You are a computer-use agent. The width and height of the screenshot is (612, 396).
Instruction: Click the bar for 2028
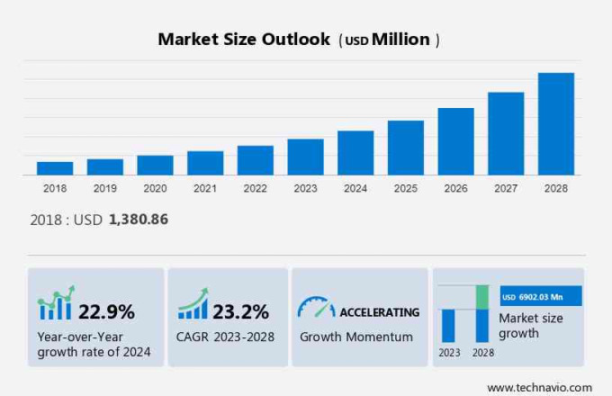[x=555, y=123]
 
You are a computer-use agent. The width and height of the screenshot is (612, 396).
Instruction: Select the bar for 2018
[x=55, y=168]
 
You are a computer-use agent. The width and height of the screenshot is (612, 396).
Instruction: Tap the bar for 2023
[x=305, y=157]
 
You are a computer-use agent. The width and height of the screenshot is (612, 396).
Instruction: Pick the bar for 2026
[x=455, y=141]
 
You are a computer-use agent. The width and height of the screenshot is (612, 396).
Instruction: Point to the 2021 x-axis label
[x=204, y=189]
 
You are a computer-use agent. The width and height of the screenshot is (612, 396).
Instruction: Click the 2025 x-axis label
[x=405, y=189]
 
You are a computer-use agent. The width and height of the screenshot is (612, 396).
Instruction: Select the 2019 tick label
[x=104, y=189]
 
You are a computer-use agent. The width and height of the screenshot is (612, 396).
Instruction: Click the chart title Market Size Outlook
[x=243, y=40]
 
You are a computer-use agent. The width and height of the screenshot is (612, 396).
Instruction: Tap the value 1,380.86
[x=139, y=219]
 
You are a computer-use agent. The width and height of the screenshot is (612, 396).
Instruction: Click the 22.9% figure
[x=106, y=312]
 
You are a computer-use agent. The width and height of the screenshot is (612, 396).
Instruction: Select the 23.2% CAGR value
[x=240, y=312]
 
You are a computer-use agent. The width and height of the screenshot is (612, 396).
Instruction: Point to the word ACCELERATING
[x=379, y=312]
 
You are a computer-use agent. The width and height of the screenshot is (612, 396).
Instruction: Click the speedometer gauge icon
[x=316, y=308]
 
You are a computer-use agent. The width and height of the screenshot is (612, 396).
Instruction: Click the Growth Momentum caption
[x=356, y=337]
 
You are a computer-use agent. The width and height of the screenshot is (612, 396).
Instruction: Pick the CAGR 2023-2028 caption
[x=226, y=337]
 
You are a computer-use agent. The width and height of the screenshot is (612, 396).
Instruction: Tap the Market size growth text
[x=531, y=326]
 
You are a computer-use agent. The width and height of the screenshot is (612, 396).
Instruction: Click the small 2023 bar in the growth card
[x=448, y=325]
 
